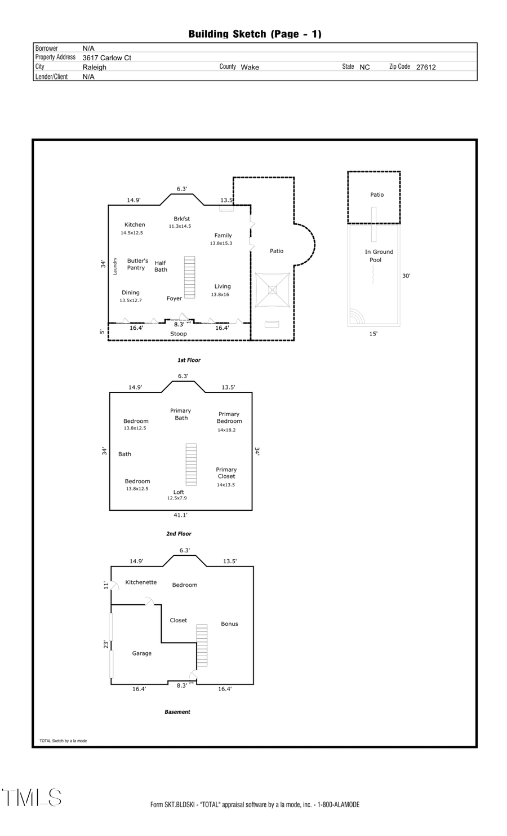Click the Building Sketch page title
tap(255, 34)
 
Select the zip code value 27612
tap(426, 67)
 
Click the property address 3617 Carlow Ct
tap(107, 57)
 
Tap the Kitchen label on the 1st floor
tap(135, 224)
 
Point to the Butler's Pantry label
tap(137, 264)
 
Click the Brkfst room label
tap(181, 219)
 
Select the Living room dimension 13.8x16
tap(220, 295)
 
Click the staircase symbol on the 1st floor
tap(189, 277)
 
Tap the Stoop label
tap(179, 334)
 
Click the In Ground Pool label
tap(379, 256)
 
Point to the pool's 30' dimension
tap(406, 276)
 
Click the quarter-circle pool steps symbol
tap(355, 317)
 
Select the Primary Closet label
tap(226, 473)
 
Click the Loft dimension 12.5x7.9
tap(177, 498)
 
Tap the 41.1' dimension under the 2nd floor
tap(180, 515)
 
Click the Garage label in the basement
tap(142, 653)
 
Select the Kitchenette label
tap(141, 582)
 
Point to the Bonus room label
tap(229, 624)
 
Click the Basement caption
tap(177, 712)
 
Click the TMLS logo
tap(32, 798)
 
